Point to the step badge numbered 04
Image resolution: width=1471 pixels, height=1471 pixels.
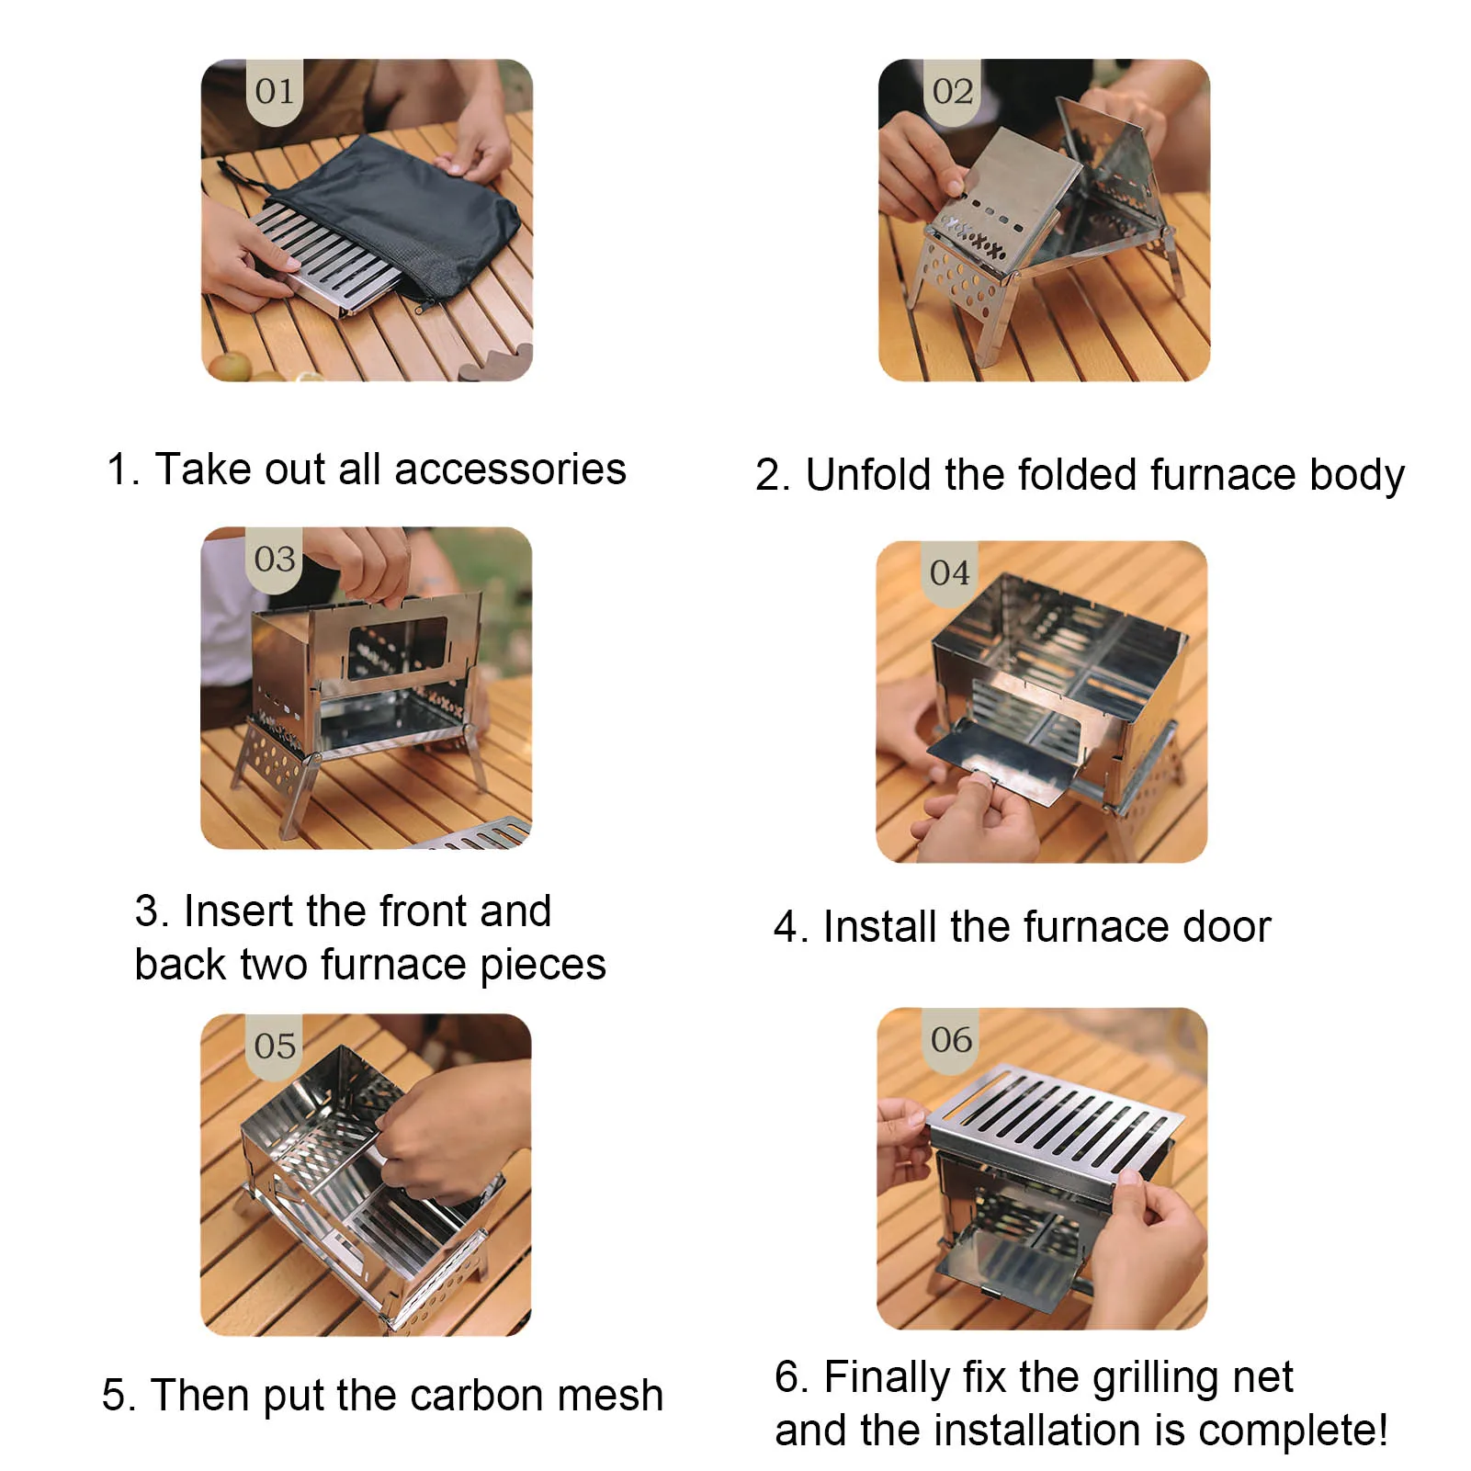(x=949, y=573)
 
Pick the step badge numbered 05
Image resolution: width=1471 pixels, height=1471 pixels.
(x=275, y=1046)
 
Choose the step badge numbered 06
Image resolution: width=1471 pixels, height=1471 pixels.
(x=951, y=1040)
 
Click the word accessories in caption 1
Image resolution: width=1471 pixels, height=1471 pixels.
(x=510, y=470)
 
